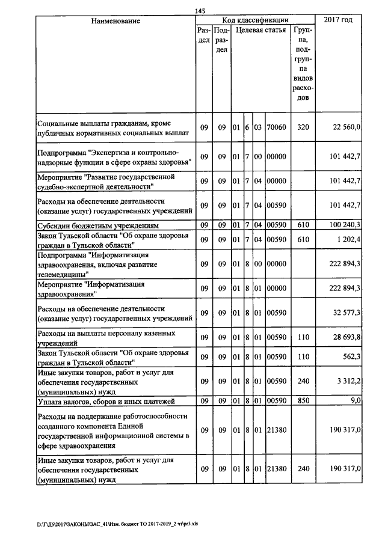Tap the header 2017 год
click(338, 21)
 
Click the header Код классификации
click(255, 20)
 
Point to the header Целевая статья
click(260, 29)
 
